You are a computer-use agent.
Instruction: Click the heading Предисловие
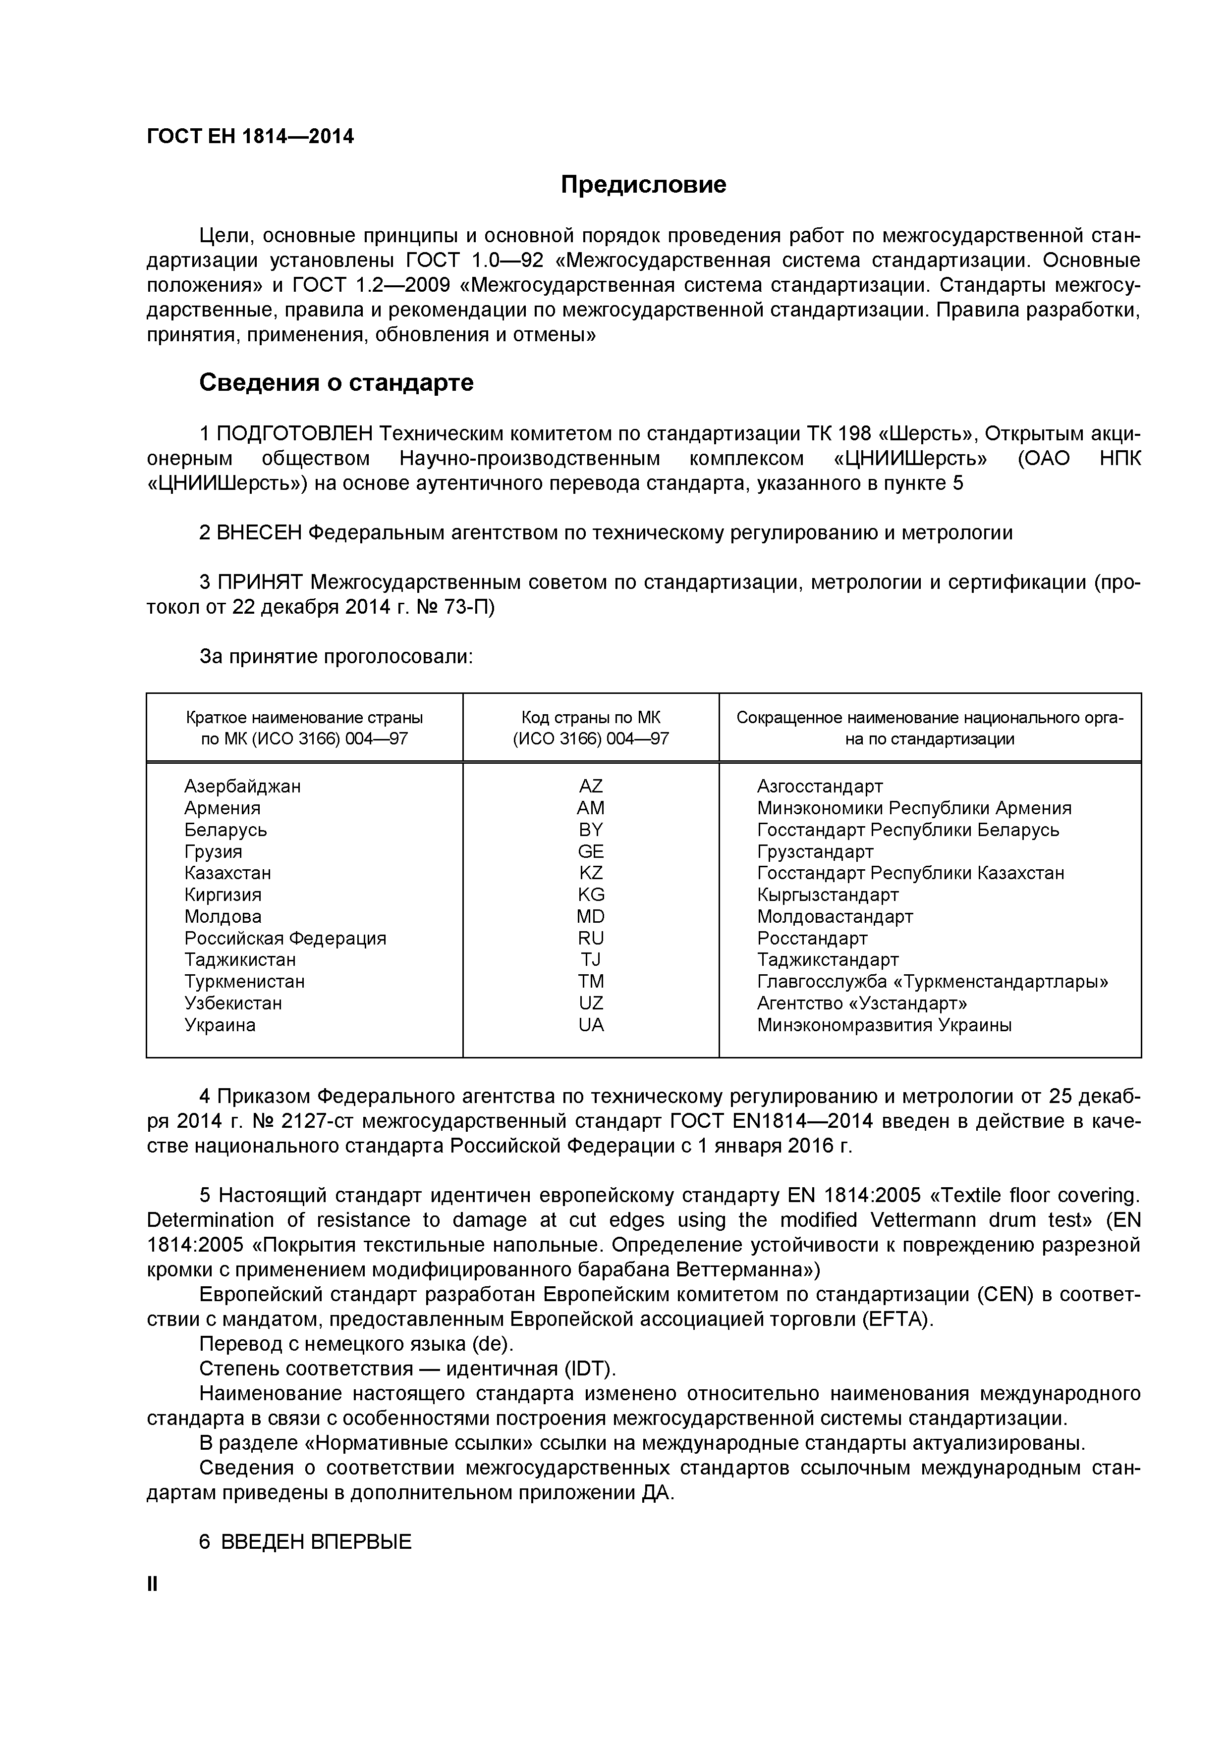[x=643, y=185]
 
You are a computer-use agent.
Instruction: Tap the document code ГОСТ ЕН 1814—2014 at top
[x=250, y=137]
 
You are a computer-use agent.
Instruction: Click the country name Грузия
[x=214, y=852]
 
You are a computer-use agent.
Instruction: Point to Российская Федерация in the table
[x=285, y=939]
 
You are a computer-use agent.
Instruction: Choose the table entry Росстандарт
[x=812, y=939]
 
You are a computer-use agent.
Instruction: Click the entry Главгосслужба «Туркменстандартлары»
[x=932, y=982]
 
